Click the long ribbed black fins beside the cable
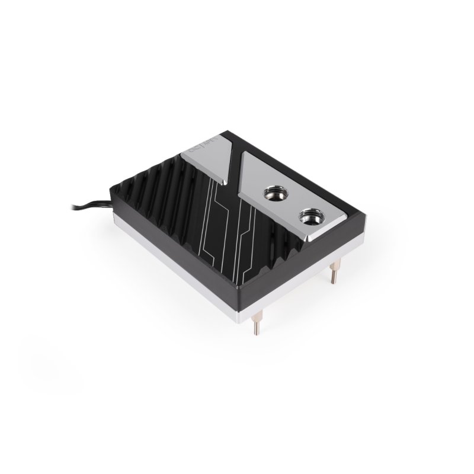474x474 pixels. tap(154, 196)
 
